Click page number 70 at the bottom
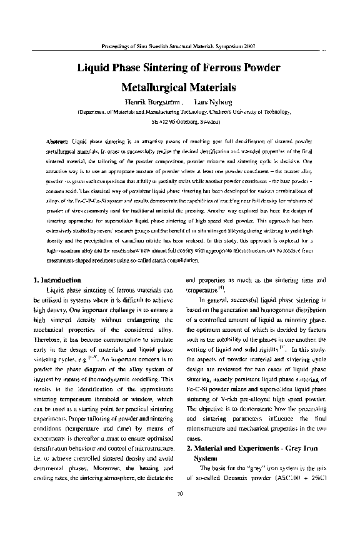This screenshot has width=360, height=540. pyautogui.click(x=180, y=511)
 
